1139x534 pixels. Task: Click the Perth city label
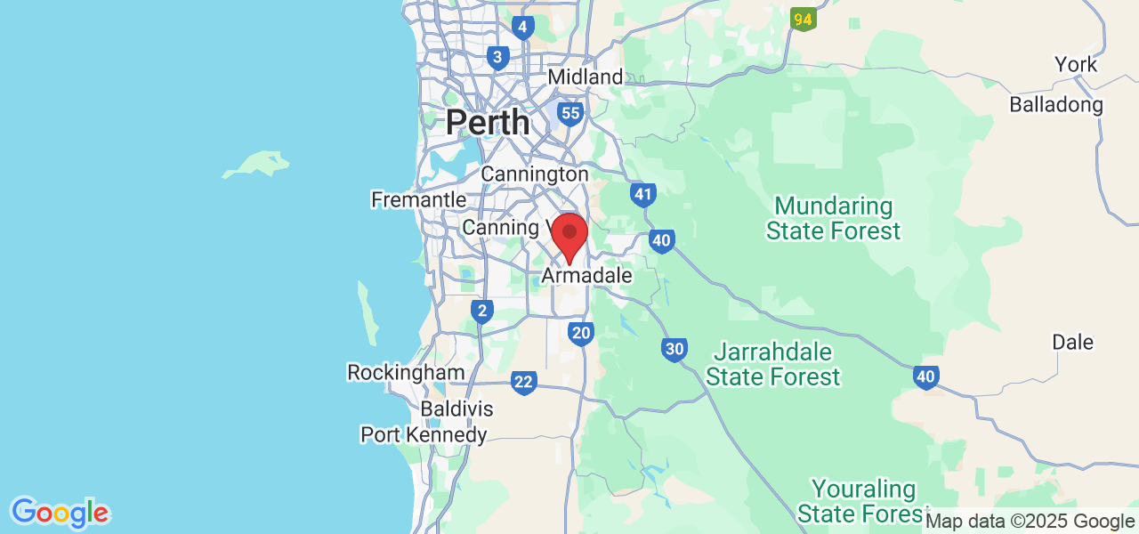(488, 122)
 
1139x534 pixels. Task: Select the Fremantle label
(418, 199)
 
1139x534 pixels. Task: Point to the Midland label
(585, 77)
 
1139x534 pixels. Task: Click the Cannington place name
(534, 174)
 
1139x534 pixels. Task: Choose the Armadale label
(586, 276)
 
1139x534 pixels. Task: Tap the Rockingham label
(406, 372)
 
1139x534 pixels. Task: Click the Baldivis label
(457, 409)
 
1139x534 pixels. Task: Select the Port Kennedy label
(424, 434)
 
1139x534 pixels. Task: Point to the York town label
(1076, 64)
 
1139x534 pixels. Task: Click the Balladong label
(1055, 105)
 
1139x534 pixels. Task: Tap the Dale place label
(1072, 342)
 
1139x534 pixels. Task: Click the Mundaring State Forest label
(833, 219)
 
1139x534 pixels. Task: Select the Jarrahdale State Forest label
(772, 364)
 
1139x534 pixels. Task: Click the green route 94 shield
(804, 19)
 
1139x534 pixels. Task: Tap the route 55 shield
(570, 113)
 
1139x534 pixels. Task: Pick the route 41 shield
(642, 195)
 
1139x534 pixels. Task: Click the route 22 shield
(523, 383)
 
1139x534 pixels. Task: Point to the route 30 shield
(674, 349)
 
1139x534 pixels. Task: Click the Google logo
(60, 514)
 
